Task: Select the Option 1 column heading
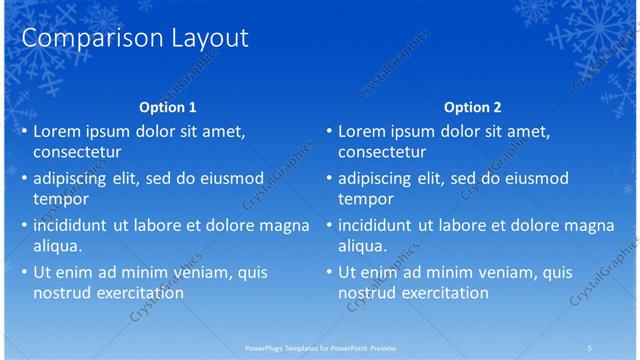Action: [167, 107]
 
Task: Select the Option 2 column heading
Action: [472, 107]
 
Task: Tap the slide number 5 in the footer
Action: [590, 347]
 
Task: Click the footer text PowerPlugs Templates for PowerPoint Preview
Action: [319, 347]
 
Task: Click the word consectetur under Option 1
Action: [77, 153]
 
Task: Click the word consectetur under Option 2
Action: [382, 153]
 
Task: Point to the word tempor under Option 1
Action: [60, 199]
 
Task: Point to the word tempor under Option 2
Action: [365, 199]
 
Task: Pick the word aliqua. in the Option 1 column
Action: [57, 246]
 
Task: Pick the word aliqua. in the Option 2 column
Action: [362, 246]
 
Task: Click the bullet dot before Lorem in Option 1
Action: [24, 132]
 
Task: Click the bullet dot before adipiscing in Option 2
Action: [329, 179]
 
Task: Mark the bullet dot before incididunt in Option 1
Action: [24, 226]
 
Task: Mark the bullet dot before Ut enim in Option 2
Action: [329, 273]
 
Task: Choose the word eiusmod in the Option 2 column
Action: [535, 178]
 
